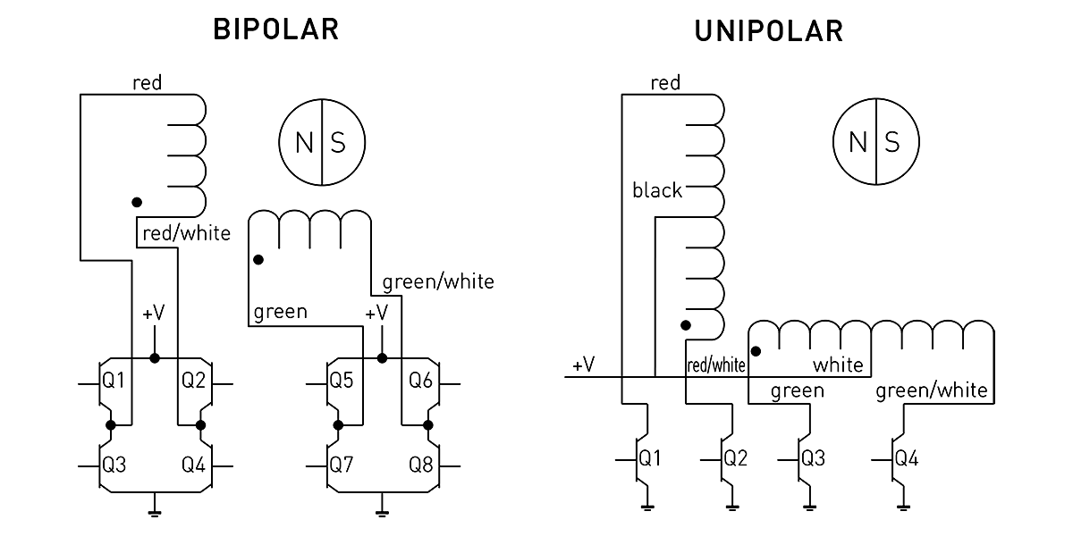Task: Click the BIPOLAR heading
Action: pyautogui.click(x=275, y=29)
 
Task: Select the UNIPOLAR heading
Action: pyautogui.click(x=768, y=31)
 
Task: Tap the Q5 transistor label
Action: pyautogui.click(x=341, y=381)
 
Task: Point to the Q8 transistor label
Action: pyautogui.click(x=421, y=465)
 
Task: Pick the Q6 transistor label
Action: pyautogui.click(x=421, y=381)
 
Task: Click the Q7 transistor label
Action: pyautogui.click(x=341, y=465)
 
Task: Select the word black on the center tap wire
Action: pyautogui.click(x=656, y=189)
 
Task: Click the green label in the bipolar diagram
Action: pyautogui.click(x=280, y=312)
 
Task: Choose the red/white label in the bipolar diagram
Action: pyautogui.click(x=186, y=234)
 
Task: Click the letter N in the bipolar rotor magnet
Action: pyautogui.click(x=304, y=143)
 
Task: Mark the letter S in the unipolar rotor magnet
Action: pyautogui.click(x=891, y=143)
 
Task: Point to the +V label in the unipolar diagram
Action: pyautogui.click(x=584, y=365)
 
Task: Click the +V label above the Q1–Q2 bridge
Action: pyautogui.click(x=153, y=314)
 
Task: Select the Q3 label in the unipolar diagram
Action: pyautogui.click(x=813, y=459)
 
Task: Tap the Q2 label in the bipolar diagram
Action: pyautogui.click(x=194, y=381)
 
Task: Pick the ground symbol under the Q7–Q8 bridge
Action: pyautogui.click(x=382, y=511)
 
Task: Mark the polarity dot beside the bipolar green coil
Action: pyautogui.click(x=258, y=260)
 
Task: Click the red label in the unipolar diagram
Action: pyautogui.click(x=665, y=83)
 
